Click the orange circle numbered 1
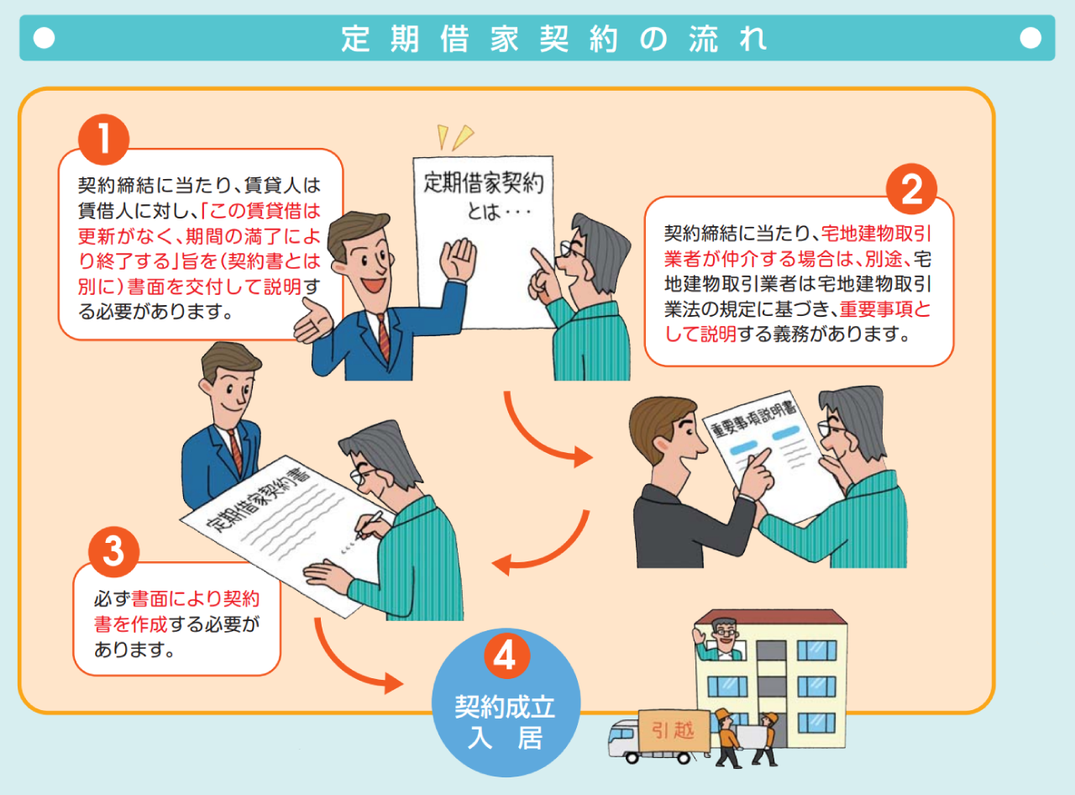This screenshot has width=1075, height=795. coord(103,140)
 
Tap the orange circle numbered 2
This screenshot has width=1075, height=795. coord(911,189)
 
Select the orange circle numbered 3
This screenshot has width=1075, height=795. coord(114,552)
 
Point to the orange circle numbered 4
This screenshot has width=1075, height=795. coord(507,655)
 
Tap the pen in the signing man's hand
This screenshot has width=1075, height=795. coord(370,524)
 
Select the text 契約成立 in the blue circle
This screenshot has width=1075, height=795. coord(505,707)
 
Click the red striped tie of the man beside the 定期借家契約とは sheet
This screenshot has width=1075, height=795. coord(383,337)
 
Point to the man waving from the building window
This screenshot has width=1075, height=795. coord(721,640)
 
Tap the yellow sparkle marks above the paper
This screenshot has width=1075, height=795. coord(454,137)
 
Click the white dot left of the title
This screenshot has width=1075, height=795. coord(45,38)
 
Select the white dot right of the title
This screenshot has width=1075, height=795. coord(1030,38)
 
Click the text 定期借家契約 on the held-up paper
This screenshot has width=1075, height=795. coord(484,183)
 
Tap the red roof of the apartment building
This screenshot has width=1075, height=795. coord(771,617)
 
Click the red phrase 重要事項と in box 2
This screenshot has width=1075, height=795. coord(885,309)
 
